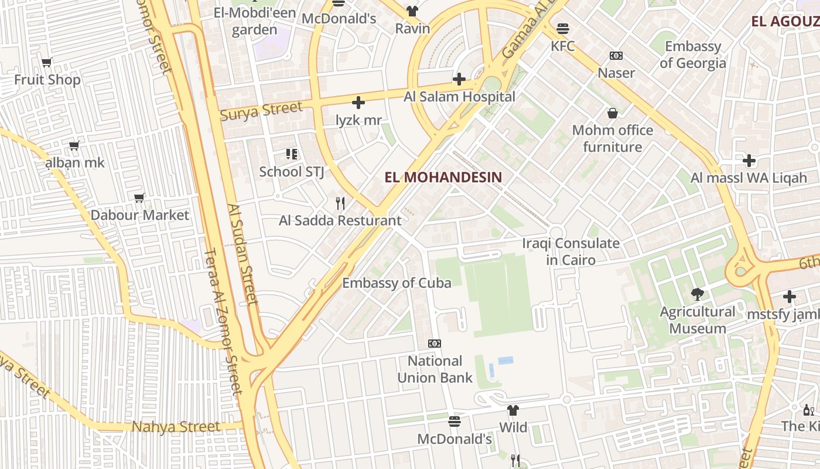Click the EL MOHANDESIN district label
(443, 176)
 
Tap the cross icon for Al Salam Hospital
(459, 79)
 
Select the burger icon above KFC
(563, 28)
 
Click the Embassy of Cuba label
(397, 283)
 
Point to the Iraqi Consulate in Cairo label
(570, 252)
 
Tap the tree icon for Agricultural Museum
(697, 294)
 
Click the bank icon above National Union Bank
(435, 344)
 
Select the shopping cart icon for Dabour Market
(139, 198)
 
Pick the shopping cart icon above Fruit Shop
(47, 62)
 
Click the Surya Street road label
(261, 110)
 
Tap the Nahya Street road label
(176, 427)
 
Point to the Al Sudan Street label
(244, 254)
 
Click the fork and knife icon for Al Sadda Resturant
(340, 203)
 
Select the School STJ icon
(292, 154)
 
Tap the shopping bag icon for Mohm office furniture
(613, 113)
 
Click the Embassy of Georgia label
(692, 55)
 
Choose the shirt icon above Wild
(513, 410)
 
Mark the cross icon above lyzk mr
(358, 103)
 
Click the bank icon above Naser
(616, 56)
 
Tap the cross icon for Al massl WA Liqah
(749, 160)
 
